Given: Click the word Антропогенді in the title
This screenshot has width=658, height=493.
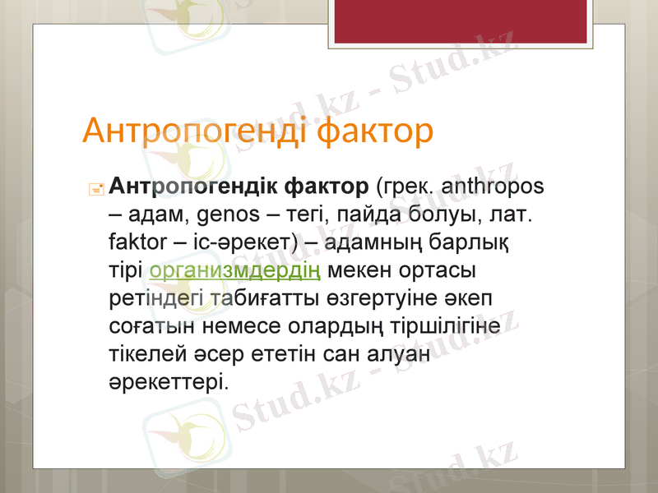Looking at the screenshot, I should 197,131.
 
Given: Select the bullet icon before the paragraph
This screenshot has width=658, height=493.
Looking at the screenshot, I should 95,188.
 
